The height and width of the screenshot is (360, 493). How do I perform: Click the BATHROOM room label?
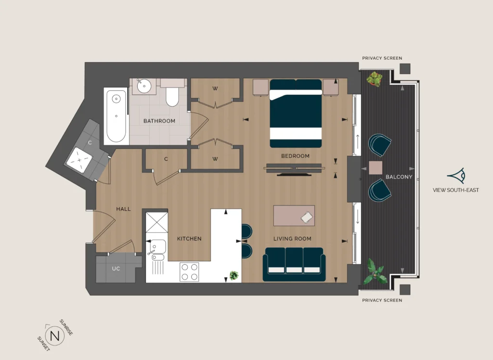pyautogui.click(x=159, y=121)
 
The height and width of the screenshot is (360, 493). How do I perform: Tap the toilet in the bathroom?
pyautogui.click(x=172, y=92)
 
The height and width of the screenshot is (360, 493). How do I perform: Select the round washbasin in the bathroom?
pyautogui.click(x=144, y=86)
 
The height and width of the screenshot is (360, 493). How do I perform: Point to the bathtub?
pyautogui.click(x=116, y=116)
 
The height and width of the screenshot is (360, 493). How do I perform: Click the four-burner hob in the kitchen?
pyautogui.click(x=189, y=272)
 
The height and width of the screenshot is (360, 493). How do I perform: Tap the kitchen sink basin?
pyautogui.click(x=158, y=246)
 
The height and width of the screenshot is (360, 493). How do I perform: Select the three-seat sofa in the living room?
pyautogui.click(x=294, y=264)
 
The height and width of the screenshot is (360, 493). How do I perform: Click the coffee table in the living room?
pyautogui.click(x=294, y=216)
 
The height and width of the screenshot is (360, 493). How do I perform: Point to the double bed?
pyautogui.click(x=296, y=113)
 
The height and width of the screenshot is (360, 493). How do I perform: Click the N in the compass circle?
pyautogui.click(x=55, y=336)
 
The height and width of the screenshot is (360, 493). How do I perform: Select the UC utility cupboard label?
pyautogui.click(x=116, y=269)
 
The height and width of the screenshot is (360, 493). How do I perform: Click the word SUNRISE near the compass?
pyautogui.click(x=66, y=327)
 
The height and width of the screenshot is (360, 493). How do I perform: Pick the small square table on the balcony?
pyautogui.click(x=376, y=168)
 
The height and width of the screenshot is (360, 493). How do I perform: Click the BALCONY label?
pyautogui.click(x=399, y=177)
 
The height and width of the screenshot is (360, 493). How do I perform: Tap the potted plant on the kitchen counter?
pyautogui.click(x=234, y=275)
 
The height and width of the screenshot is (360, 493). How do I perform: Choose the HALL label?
pyautogui.click(x=123, y=209)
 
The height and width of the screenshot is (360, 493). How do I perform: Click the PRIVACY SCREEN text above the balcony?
pyautogui.click(x=382, y=58)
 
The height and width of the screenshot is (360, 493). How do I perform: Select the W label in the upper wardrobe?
pyautogui.click(x=215, y=89)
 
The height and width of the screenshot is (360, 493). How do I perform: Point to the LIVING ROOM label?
pyautogui.click(x=292, y=239)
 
